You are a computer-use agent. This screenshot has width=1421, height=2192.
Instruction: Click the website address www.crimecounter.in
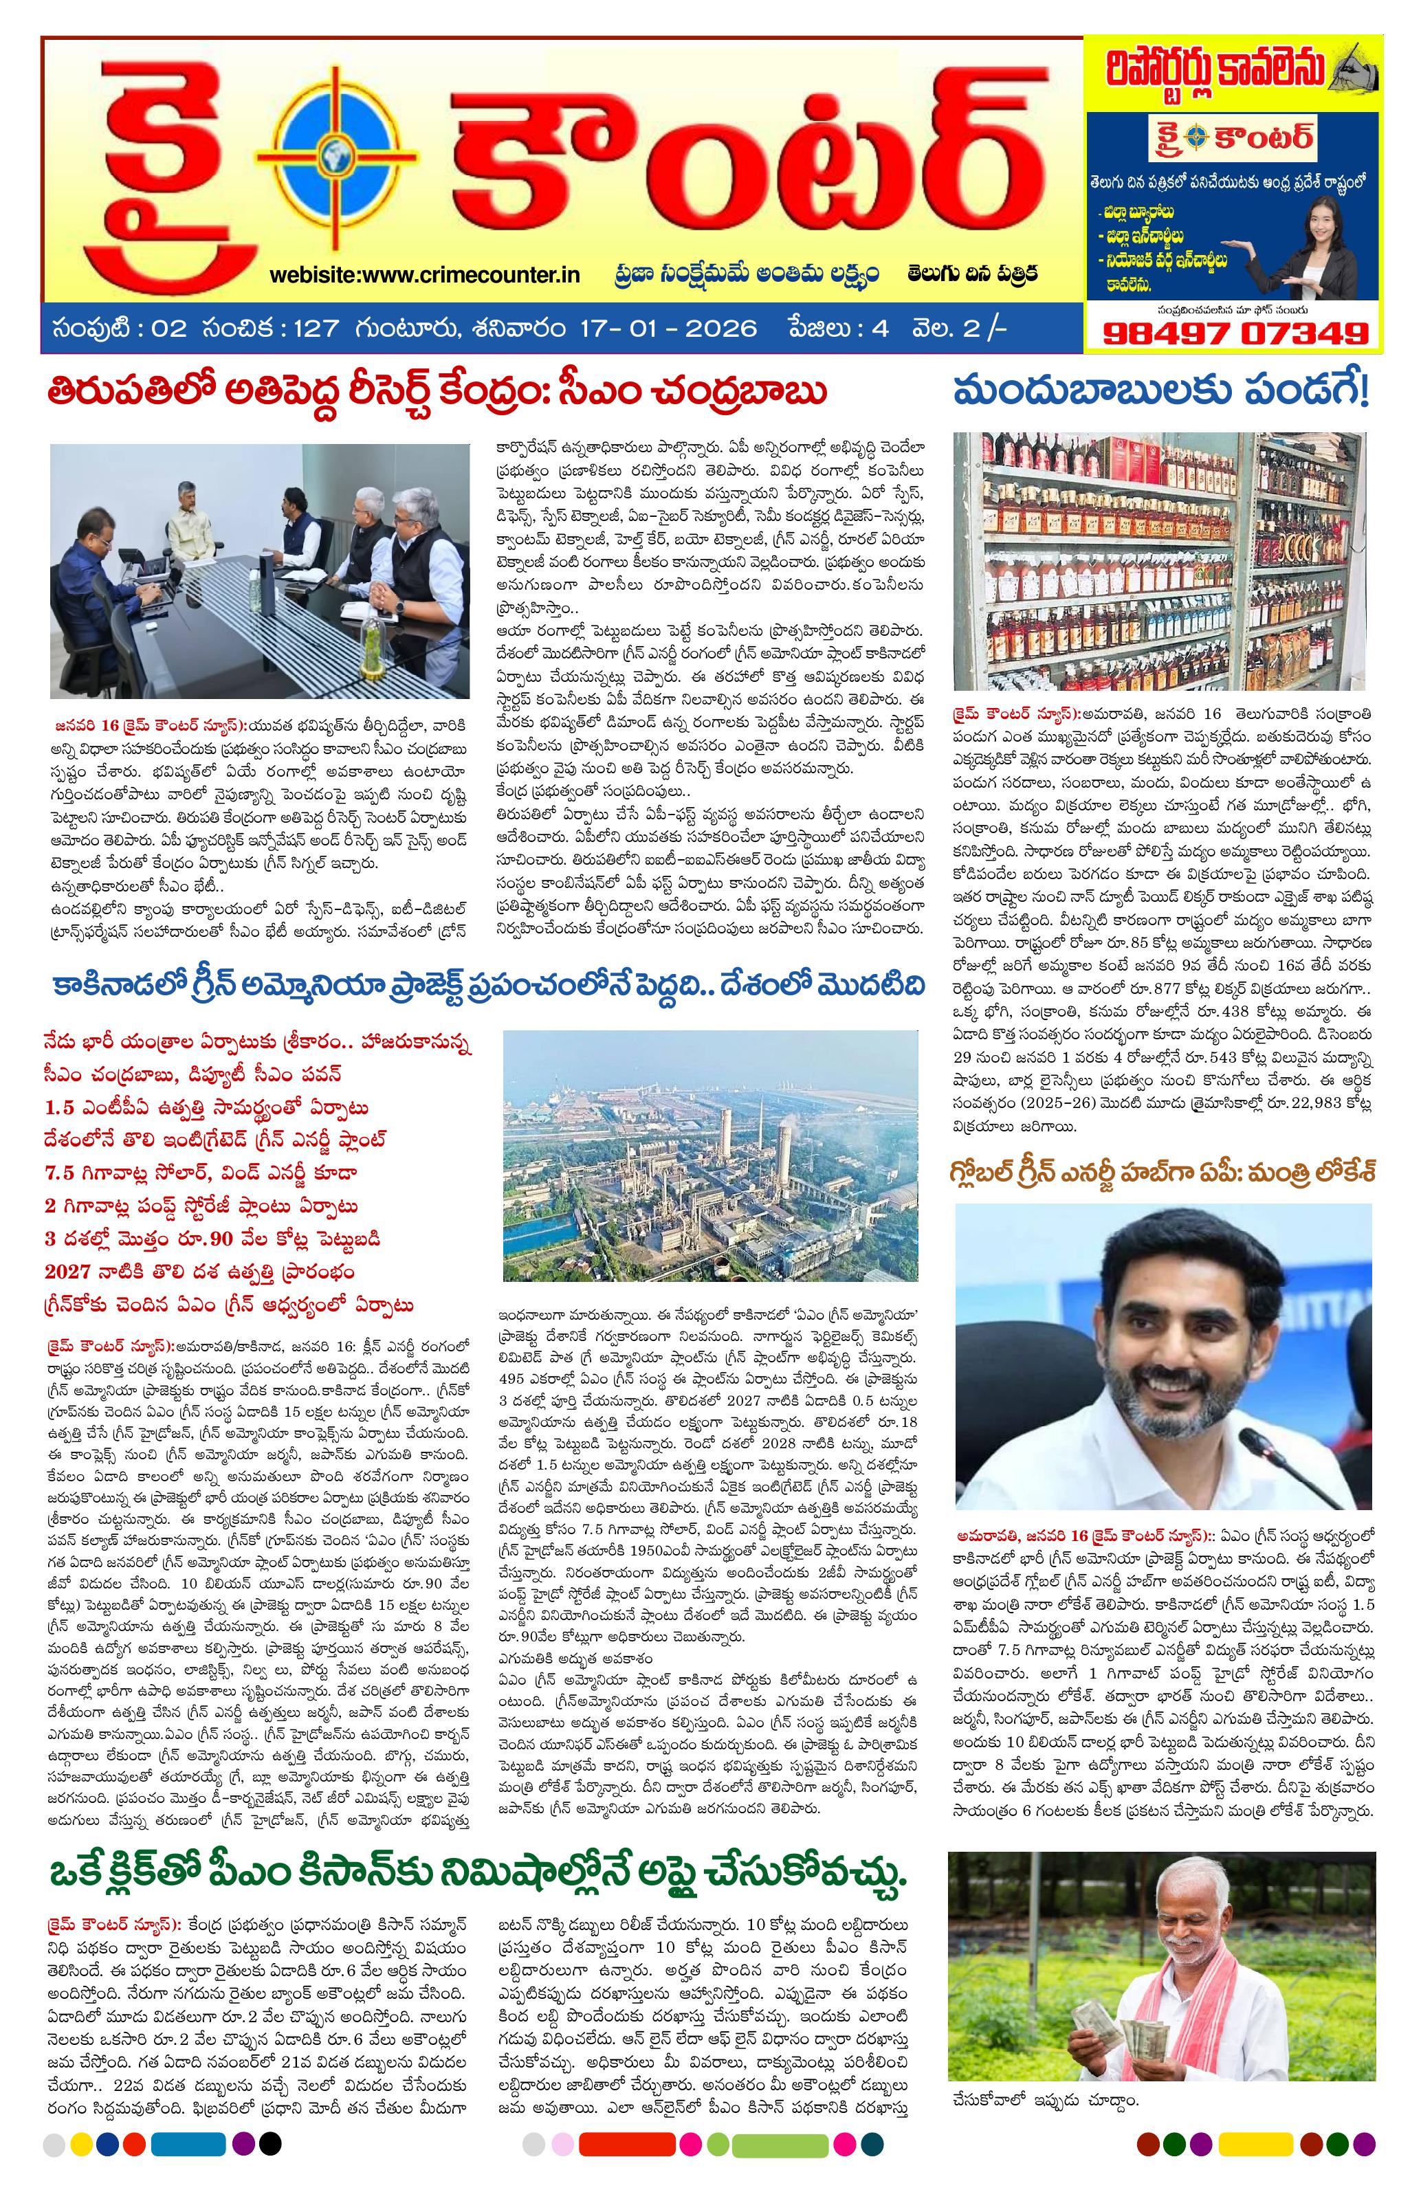425,274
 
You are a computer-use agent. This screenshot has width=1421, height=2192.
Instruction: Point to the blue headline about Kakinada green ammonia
488,986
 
